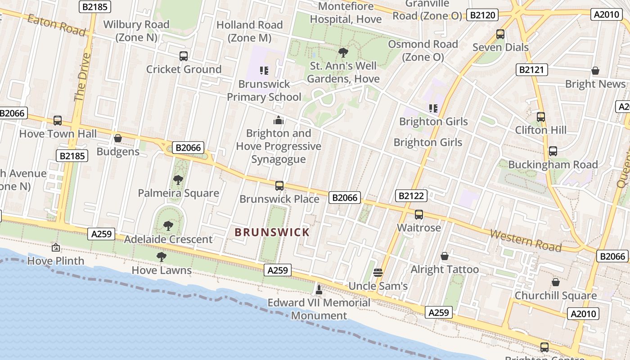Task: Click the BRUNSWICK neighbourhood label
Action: (272, 232)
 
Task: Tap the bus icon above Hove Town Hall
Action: (58, 121)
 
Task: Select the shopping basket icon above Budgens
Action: (118, 138)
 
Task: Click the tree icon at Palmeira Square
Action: (178, 180)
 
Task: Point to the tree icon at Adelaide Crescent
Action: (168, 225)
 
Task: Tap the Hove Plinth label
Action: (56, 261)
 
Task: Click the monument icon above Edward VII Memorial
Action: (319, 289)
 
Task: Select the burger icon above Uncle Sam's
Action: (378, 272)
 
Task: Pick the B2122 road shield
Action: (411, 196)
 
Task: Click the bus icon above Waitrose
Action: (419, 215)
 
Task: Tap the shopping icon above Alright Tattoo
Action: (445, 256)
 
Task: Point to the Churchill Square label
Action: (556, 296)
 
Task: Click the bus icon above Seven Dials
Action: (500, 34)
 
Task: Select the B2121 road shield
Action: (531, 70)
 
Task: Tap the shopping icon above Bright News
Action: (595, 71)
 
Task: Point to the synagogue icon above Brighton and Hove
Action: (279, 120)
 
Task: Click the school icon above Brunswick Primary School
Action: (264, 70)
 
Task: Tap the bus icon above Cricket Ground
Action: (184, 56)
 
